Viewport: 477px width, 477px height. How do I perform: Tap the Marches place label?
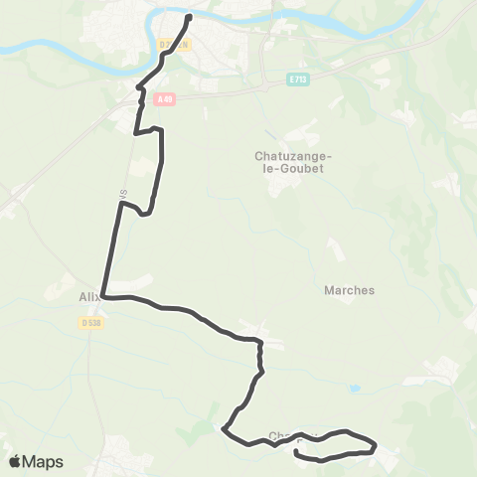pos(350,290)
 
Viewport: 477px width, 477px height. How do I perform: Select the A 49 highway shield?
pos(165,97)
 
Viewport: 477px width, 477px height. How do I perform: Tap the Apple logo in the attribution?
pos(15,461)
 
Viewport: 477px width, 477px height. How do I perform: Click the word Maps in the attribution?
pos(44,461)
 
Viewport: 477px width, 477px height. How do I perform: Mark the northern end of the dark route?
pos(188,15)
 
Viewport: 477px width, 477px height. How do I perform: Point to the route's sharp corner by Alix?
pos(102,296)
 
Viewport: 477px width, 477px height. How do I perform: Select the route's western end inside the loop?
pos(297,452)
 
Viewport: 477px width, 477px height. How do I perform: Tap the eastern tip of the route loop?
pos(376,444)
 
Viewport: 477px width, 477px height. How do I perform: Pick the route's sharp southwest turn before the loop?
pos(225,430)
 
